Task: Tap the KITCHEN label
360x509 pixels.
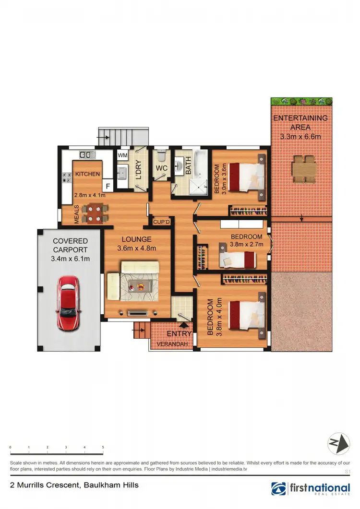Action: click(x=87, y=174)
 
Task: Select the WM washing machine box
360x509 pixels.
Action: click(x=122, y=155)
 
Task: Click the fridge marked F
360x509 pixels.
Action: click(x=108, y=186)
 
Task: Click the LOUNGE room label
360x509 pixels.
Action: click(x=137, y=239)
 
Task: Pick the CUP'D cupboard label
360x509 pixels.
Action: click(x=160, y=222)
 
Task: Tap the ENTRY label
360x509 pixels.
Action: click(x=179, y=333)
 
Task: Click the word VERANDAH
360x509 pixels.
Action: click(x=171, y=343)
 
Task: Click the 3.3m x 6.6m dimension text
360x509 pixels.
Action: click(x=300, y=137)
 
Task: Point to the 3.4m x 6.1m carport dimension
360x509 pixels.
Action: click(x=71, y=259)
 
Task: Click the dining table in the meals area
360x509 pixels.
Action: click(x=94, y=213)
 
